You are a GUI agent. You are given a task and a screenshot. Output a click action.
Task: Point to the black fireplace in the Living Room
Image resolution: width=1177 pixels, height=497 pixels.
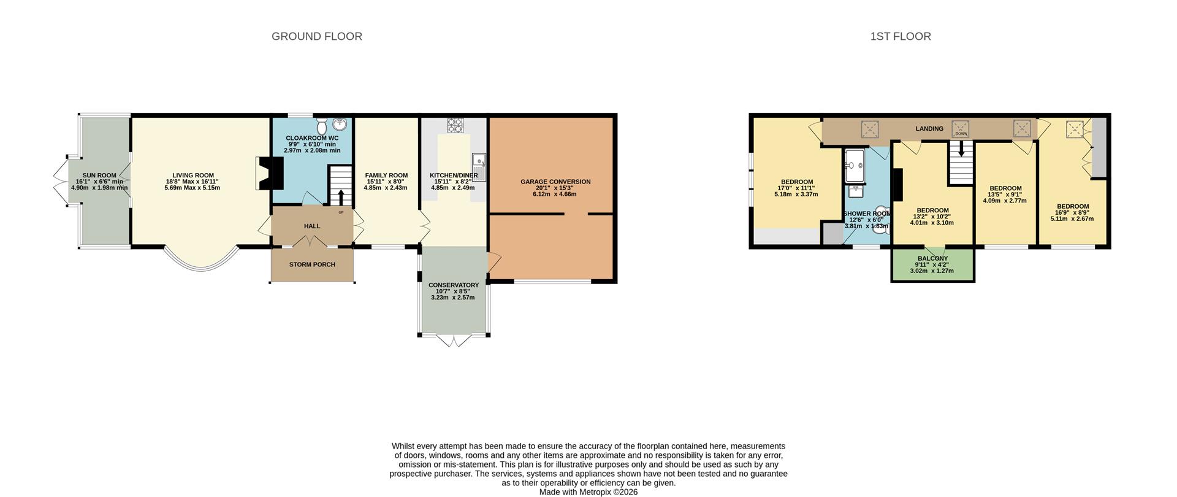point(270,174)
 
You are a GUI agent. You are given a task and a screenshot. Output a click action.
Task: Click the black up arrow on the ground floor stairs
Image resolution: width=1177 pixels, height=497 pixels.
point(341,196)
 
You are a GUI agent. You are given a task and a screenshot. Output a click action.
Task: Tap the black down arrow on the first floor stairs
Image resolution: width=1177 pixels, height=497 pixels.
point(961,148)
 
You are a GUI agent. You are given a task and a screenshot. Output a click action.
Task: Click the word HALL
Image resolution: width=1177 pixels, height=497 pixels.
point(312,226)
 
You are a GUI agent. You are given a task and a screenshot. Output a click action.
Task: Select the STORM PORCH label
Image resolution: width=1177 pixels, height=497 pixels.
point(312,264)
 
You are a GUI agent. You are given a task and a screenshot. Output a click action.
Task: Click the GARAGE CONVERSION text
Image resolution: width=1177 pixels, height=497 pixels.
point(555,182)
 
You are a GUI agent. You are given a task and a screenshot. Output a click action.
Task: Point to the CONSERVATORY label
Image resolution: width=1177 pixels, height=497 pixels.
point(454,285)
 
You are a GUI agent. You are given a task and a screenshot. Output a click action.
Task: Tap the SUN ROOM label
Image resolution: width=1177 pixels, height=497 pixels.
point(99,175)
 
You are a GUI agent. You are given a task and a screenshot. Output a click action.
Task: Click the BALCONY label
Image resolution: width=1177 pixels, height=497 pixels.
point(932,258)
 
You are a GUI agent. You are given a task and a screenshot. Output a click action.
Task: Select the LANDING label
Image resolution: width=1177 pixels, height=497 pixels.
point(929,129)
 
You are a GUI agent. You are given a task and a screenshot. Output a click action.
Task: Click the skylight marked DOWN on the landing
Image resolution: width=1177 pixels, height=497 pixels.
point(961,129)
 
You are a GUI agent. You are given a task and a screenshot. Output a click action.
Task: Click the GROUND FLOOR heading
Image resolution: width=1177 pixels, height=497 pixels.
point(317,37)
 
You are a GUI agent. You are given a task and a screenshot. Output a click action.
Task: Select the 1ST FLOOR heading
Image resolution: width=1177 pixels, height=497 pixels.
point(901,37)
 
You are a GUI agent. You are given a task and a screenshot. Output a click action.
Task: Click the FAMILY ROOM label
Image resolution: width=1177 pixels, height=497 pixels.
point(386,175)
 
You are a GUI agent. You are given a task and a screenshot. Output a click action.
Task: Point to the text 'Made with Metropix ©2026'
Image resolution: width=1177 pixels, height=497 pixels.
point(588,492)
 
